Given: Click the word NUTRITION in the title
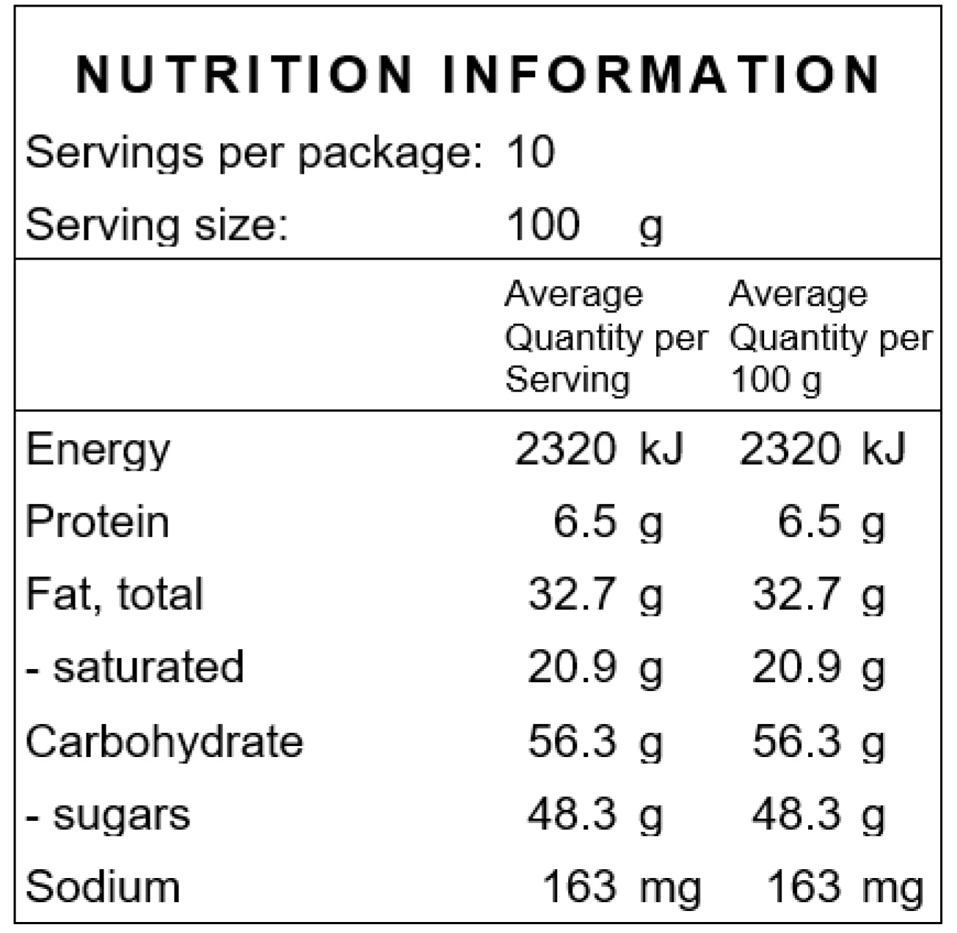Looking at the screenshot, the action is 244,74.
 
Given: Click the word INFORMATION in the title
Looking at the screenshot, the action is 661,74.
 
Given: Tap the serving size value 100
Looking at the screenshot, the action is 543,224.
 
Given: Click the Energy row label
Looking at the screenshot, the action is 98,450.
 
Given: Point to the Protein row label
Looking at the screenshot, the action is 98,522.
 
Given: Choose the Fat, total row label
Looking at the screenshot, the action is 114,594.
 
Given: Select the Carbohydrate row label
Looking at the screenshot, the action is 164,741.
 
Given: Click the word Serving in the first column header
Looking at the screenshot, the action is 567,380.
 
